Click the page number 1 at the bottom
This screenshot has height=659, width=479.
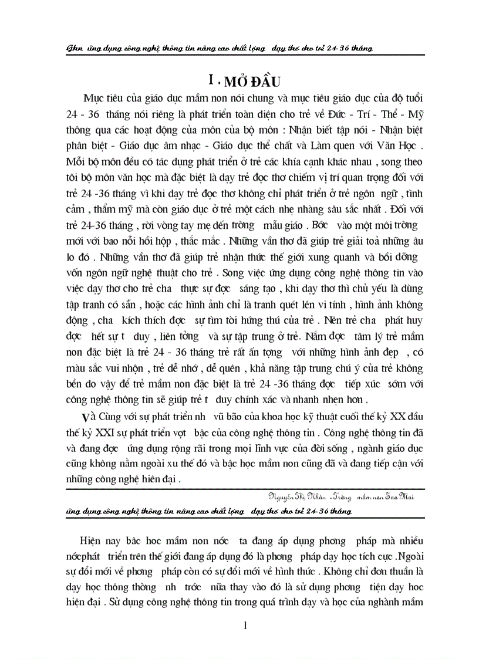pyautogui.click(x=245, y=626)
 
